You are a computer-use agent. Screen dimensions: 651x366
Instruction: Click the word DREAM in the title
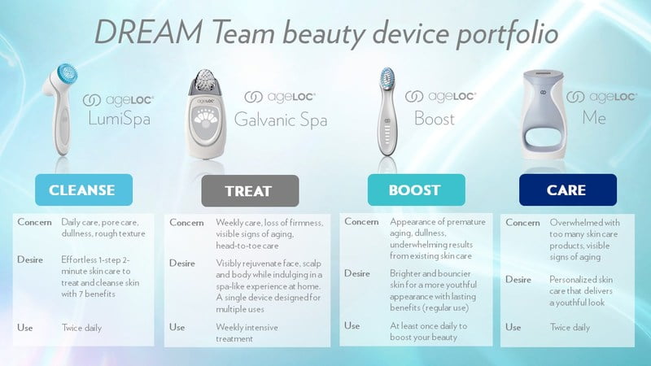[149, 32]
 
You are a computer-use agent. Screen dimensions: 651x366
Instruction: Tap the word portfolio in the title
[507, 34]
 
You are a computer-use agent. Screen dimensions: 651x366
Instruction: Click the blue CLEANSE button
[84, 190]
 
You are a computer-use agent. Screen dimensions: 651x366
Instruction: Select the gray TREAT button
[250, 191]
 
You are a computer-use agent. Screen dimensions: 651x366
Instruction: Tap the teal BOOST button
[417, 190]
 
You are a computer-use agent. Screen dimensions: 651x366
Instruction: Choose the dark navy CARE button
[568, 190]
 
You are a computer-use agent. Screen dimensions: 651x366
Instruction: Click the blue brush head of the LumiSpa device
[67, 76]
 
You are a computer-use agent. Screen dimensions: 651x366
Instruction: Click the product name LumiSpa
[119, 119]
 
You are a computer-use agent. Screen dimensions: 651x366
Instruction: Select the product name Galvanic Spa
[281, 120]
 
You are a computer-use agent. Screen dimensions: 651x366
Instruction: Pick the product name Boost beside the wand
[435, 119]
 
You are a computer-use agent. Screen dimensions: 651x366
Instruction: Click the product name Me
[594, 118]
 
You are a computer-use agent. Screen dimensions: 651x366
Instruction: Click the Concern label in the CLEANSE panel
[34, 222]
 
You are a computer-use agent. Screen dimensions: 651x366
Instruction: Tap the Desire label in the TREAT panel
[181, 263]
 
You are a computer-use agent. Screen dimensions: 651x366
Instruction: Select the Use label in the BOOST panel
[352, 326]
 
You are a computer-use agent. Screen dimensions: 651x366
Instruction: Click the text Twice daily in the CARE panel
[570, 328]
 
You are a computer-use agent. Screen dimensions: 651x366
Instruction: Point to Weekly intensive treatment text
[247, 333]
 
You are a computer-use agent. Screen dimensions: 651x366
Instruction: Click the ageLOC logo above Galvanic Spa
[280, 97]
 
